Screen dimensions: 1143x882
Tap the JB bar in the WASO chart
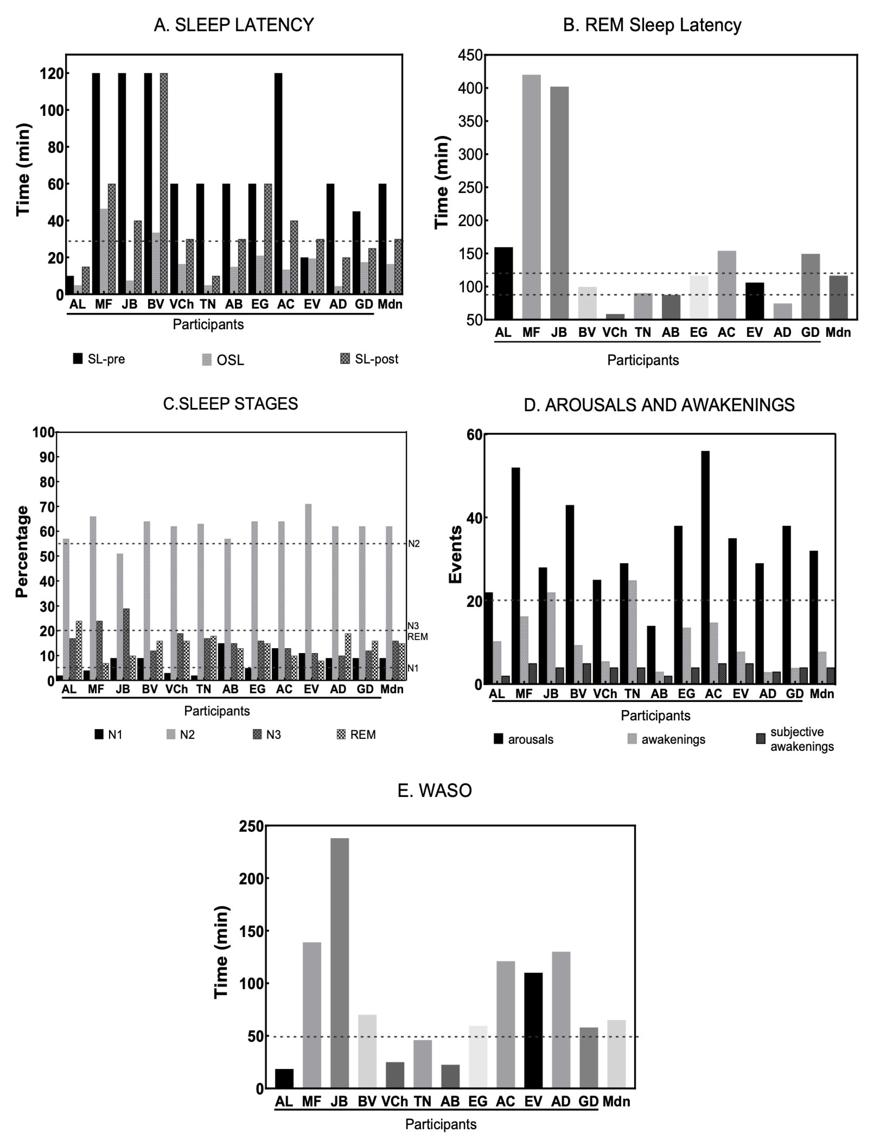tap(339, 963)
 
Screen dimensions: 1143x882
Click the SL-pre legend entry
tap(100, 359)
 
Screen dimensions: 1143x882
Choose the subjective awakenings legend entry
tap(796, 739)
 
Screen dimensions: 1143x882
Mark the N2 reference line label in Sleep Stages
tap(413, 544)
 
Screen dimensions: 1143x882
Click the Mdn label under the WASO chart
tap(616, 1101)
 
